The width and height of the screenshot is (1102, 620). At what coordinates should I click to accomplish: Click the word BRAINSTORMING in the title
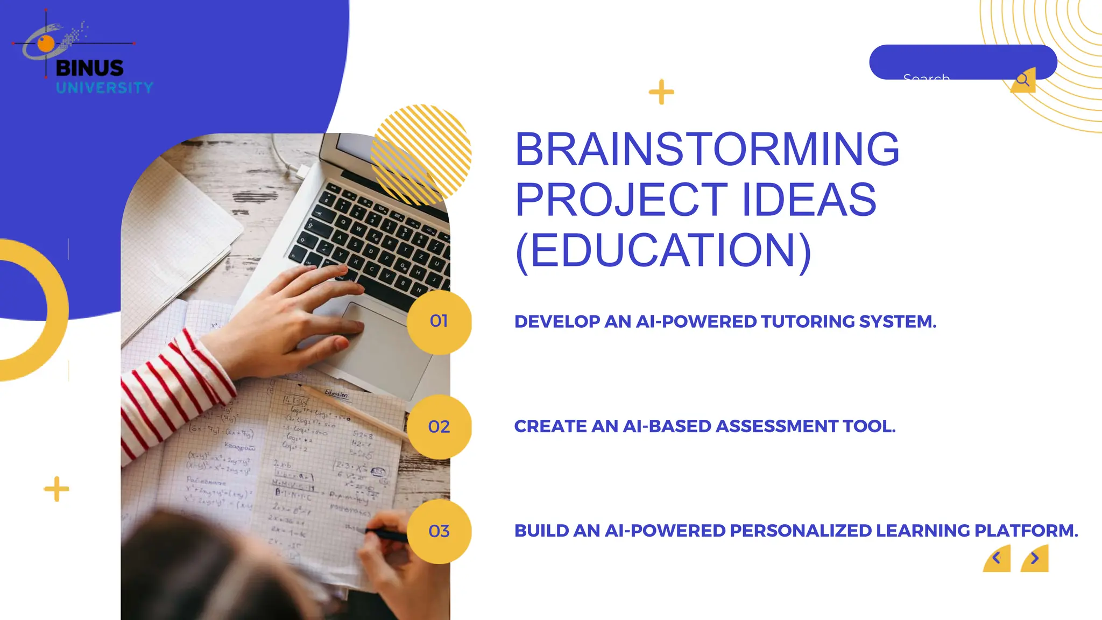(707, 149)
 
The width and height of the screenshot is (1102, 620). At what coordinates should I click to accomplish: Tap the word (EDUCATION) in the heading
(662, 250)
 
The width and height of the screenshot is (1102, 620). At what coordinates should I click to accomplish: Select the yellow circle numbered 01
(439, 321)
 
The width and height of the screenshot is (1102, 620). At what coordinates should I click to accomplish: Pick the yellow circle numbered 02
(439, 427)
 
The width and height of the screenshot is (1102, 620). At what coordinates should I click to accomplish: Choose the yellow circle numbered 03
(439, 531)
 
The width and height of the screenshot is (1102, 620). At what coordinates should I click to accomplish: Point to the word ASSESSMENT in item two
(776, 426)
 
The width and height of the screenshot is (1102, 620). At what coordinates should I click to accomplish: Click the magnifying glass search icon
(1022, 80)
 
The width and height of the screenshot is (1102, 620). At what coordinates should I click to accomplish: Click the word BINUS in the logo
(89, 68)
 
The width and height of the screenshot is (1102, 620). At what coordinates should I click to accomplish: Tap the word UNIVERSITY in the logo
(104, 88)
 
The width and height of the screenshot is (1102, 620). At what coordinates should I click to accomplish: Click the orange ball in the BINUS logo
(46, 44)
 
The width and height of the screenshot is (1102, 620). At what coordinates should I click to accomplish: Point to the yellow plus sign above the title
(661, 92)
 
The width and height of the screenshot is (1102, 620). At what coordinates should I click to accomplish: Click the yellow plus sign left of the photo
(56, 489)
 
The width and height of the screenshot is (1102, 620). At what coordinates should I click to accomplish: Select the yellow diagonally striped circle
(421, 154)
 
